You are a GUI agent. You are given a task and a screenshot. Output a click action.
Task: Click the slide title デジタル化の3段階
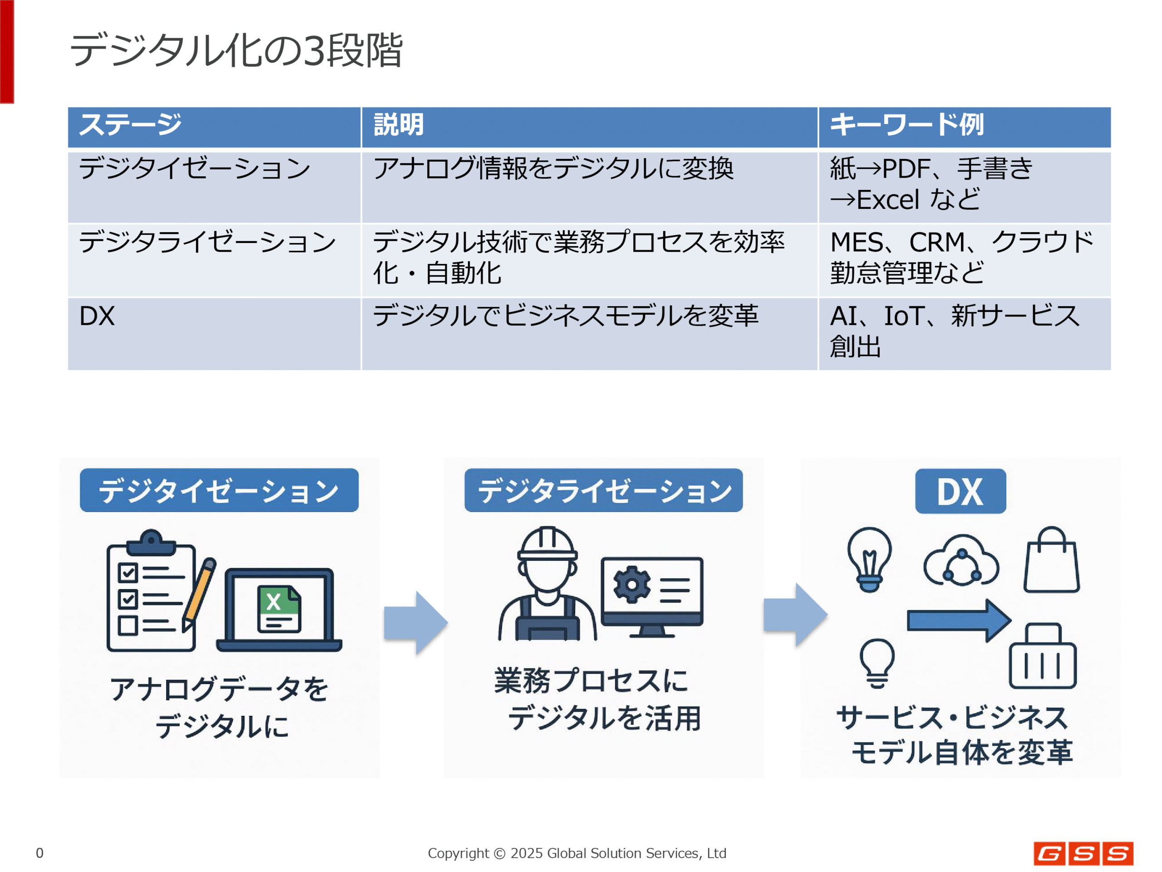(236, 50)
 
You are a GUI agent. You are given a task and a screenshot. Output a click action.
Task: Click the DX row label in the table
(97, 316)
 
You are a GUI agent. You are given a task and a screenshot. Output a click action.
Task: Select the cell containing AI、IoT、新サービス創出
(965, 334)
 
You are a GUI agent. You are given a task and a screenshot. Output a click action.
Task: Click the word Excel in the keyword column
(888, 200)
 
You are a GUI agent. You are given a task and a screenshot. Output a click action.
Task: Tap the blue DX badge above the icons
(960, 491)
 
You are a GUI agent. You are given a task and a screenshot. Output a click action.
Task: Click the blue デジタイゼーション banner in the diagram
(219, 490)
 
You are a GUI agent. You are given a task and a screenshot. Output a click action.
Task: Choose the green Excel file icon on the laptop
(279, 609)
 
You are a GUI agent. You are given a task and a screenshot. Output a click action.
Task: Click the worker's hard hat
(547, 544)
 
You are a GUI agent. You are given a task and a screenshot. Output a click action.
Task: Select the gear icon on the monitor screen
(632, 584)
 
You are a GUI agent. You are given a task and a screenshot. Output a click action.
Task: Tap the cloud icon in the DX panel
(961, 561)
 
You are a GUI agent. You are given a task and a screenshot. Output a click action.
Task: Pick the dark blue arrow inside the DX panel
(959, 620)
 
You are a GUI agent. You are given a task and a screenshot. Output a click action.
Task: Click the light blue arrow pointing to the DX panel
(795, 614)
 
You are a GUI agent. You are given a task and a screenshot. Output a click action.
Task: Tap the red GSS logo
(1083, 853)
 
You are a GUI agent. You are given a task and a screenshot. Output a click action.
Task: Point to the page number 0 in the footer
(39, 852)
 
